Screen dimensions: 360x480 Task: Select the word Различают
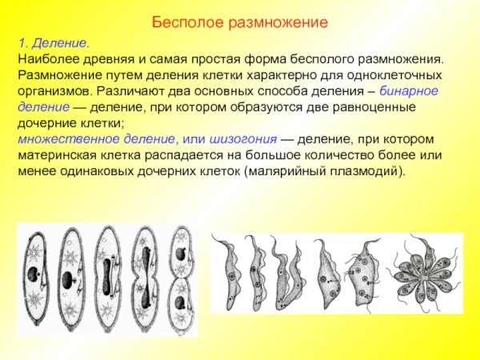click(131, 92)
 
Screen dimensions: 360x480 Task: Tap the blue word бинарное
click(409, 92)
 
